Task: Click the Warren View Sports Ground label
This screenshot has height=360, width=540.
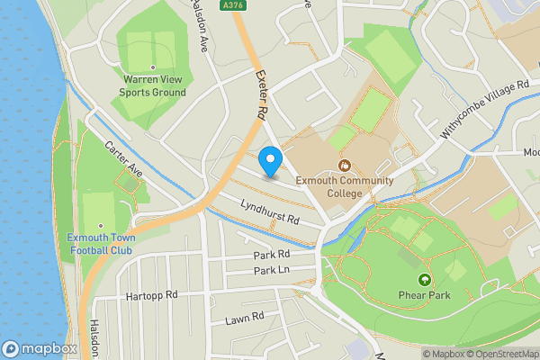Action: (154, 85)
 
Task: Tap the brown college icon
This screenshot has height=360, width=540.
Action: (344, 165)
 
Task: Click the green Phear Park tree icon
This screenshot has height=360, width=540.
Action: (425, 280)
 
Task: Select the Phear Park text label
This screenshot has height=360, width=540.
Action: (424, 295)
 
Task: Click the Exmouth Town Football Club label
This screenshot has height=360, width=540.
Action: (100, 244)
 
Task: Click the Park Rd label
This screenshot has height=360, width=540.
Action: (271, 256)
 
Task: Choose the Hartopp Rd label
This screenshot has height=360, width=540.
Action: (154, 294)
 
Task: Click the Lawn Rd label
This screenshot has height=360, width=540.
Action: (244, 317)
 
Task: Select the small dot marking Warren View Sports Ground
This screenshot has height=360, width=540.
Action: (154, 67)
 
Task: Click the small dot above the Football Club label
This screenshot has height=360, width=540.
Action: (100, 226)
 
